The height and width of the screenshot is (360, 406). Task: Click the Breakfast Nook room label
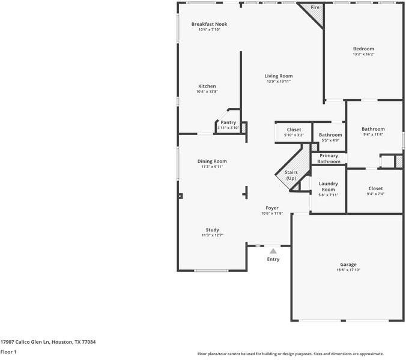point(209,24)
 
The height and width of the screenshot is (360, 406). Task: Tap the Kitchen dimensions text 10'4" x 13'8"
point(207,92)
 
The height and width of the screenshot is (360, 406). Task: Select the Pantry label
point(228,122)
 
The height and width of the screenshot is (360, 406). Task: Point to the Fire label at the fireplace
point(315,7)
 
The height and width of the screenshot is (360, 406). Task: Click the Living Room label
point(279,76)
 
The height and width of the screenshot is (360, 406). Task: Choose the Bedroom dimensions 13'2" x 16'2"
point(363,55)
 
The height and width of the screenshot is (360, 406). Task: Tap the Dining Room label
point(212,161)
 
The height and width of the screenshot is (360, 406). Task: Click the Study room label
point(212,230)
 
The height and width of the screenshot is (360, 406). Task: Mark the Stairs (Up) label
point(291,175)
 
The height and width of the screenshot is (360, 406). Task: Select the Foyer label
point(272,208)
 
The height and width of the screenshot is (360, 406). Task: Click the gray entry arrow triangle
point(273,251)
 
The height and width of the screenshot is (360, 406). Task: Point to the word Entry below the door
point(273,259)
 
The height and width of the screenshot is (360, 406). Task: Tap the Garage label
point(348,264)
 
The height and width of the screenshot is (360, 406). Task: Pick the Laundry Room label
point(328,186)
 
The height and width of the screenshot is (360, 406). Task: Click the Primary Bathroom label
point(329,158)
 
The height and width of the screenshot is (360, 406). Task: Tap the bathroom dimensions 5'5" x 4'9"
point(330,140)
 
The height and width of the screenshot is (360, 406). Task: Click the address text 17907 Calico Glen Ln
point(29,342)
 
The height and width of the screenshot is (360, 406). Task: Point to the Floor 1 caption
point(8,352)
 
